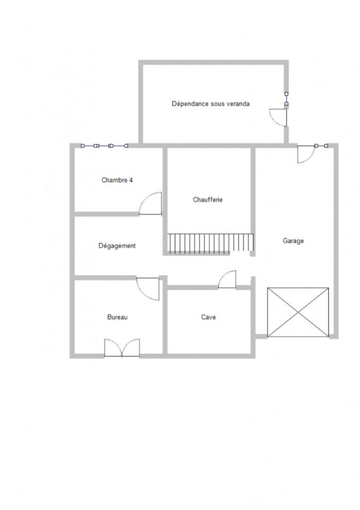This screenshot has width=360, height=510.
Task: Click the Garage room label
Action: [293, 241]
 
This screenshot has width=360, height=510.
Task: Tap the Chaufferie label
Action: [208, 200]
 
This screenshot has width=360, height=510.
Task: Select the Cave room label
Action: [209, 317]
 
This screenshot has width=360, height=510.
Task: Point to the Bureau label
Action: [117, 317]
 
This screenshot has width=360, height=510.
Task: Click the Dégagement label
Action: [117, 246]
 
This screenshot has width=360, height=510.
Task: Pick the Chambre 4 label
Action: [117, 180]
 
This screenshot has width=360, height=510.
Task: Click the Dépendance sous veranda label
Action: [210, 104]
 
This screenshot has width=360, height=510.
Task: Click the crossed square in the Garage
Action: [298, 312]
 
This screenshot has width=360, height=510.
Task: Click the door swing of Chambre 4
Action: [151, 205]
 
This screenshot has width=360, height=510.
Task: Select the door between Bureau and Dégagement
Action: [149, 288]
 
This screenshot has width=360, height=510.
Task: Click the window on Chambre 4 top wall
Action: [104, 145]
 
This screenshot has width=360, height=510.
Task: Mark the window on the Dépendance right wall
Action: [286, 98]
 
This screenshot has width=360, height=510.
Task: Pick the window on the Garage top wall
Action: [321, 145]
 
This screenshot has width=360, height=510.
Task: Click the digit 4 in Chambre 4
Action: [131, 180]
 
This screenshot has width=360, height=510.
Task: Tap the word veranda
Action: [237, 104]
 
